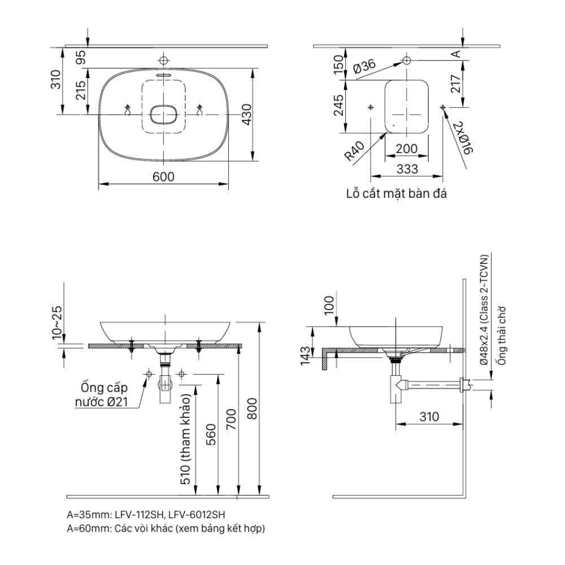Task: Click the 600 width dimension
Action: [x=163, y=176]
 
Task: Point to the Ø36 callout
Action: [x=364, y=67]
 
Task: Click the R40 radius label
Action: [x=355, y=152]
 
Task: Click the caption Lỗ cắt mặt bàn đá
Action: [x=397, y=194]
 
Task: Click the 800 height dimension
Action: [x=253, y=408]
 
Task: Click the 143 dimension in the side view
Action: [x=305, y=354]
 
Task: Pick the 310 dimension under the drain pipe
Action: [x=429, y=417]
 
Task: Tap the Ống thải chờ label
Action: [x=499, y=337]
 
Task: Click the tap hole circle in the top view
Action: [x=163, y=60]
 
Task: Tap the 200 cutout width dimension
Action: [x=406, y=149]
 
